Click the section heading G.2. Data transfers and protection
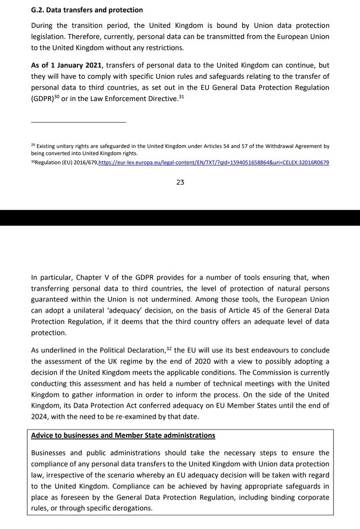tap(87, 9)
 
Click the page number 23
tap(180, 182)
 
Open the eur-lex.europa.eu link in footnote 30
tap(214, 163)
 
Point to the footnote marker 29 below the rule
tap(33, 145)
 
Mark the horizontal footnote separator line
tap(79, 122)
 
